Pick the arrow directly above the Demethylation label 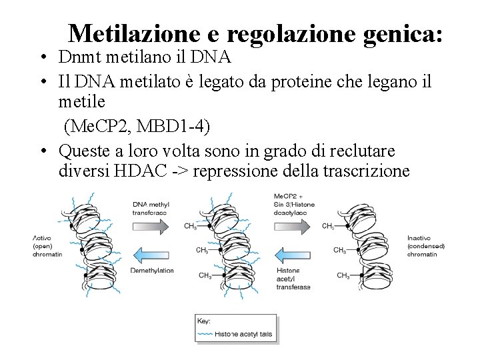(x=153, y=253)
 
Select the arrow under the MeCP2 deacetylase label (x=293, y=226)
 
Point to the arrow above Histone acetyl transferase (x=293, y=253)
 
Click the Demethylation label (x=152, y=271)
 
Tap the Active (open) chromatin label (x=47, y=245)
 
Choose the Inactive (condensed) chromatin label (x=425, y=245)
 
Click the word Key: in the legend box (x=205, y=321)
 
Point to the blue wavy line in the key (x=205, y=333)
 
